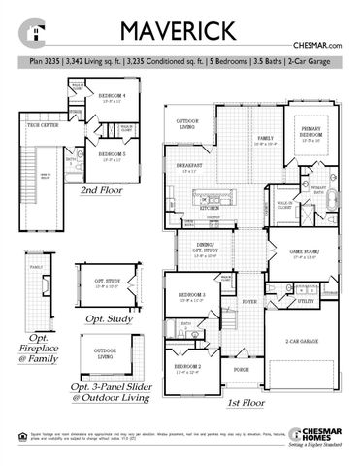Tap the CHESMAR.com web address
coord(318,47)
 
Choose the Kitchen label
coord(211,208)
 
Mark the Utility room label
coord(305,302)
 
